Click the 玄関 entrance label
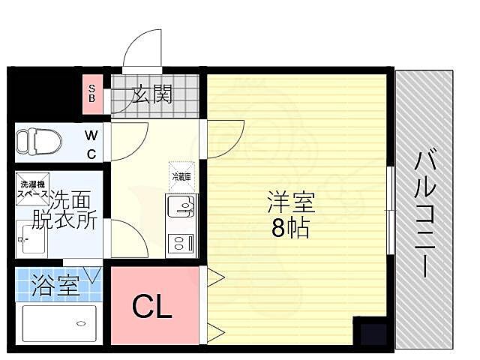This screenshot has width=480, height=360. point(153,94)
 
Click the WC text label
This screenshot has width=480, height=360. point(90,145)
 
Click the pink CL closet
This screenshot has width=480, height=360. point(153,305)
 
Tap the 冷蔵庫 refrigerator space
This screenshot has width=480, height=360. point(182,174)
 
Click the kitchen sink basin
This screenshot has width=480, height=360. point(181,206)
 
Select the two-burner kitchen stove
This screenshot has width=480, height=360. point(181,242)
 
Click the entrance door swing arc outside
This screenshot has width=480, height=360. point(143,49)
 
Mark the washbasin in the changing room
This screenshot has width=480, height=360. point(30,241)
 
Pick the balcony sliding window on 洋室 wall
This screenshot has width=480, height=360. point(390,210)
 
